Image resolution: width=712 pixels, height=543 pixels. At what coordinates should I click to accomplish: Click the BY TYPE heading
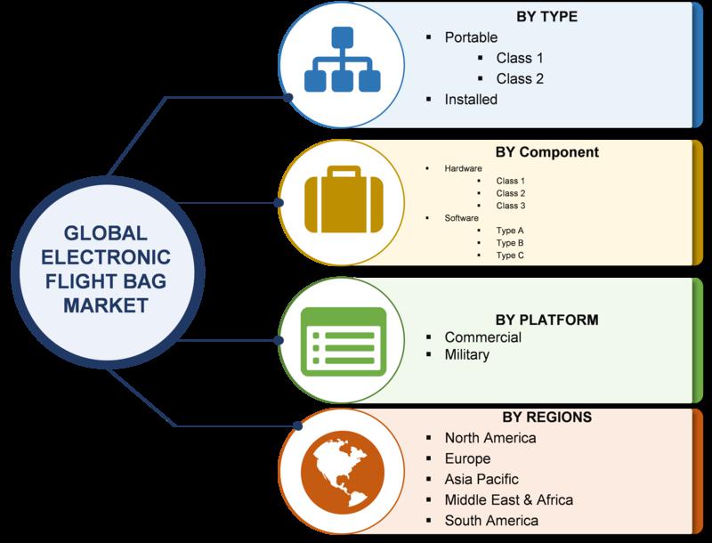546,17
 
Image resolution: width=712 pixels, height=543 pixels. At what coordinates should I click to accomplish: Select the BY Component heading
547,152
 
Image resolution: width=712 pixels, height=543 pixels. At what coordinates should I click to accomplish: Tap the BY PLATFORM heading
546,320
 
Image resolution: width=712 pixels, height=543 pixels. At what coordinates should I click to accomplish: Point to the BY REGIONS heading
546,417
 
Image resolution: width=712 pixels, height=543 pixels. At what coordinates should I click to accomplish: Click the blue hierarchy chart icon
343,60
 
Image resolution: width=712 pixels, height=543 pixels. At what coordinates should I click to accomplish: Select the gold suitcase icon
344,199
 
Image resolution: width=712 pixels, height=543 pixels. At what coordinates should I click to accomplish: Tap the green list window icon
344,342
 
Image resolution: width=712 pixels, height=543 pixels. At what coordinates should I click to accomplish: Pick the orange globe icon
343,472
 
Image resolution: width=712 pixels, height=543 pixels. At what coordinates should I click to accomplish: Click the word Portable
471,37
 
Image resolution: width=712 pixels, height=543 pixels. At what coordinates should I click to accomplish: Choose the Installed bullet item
471,100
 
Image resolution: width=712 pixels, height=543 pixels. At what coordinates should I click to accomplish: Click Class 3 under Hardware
510,206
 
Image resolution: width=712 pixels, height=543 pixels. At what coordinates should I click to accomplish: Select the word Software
461,218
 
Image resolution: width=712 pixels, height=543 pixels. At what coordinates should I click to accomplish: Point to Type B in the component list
509,243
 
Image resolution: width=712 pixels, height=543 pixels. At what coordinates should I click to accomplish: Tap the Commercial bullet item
482,337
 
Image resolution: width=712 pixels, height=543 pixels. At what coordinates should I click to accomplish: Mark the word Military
466,354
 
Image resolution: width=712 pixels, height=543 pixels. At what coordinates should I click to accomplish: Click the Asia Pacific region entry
481,480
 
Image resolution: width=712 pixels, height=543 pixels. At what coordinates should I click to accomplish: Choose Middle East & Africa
508,500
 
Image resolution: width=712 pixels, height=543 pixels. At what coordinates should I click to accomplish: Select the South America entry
491,521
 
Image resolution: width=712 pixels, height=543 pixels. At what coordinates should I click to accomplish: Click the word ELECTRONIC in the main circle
106,257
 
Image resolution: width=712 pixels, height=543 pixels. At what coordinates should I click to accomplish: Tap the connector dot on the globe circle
297,425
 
